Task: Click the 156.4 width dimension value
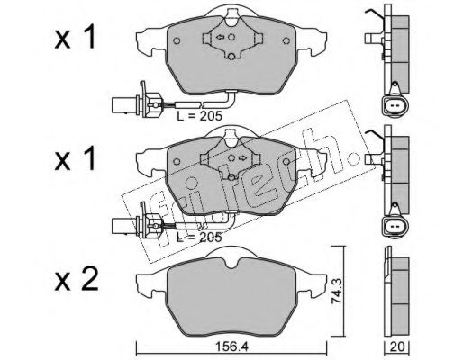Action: (231, 347)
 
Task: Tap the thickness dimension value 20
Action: (397, 346)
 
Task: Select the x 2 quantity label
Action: (77, 280)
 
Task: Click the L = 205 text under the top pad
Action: (199, 116)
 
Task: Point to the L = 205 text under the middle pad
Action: (199, 238)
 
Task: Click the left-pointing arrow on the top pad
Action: (220, 37)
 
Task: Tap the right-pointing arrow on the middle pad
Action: (242, 157)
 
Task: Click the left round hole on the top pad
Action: (177, 40)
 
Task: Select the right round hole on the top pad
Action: (286, 40)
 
